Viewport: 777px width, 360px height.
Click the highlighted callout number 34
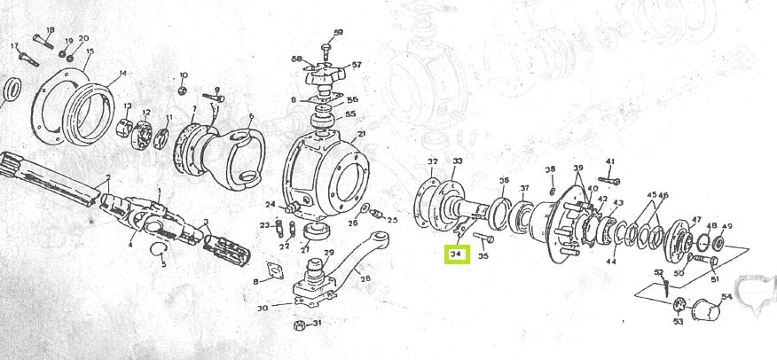click(x=457, y=254)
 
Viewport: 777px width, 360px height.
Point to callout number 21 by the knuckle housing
click(x=362, y=135)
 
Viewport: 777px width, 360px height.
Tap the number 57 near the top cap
click(x=357, y=65)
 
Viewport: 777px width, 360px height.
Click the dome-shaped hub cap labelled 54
click(x=706, y=312)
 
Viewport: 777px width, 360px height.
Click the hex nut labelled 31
click(x=300, y=325)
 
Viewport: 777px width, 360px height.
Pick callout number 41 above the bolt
click(x=610, y=161)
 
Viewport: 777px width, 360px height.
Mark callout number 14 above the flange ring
click(x=122, y=73)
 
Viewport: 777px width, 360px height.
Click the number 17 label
click(x=13, y=45)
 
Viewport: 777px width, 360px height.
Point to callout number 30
click(x=263, y=309)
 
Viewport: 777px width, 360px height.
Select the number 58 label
click(x=296, y=59)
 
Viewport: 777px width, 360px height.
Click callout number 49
click(x=727, y=227)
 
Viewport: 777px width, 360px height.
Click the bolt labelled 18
click(x=42, y=39)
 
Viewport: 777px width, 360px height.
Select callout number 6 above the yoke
click(x=251, y=116)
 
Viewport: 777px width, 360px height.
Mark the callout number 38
click(x=550, y=168)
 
